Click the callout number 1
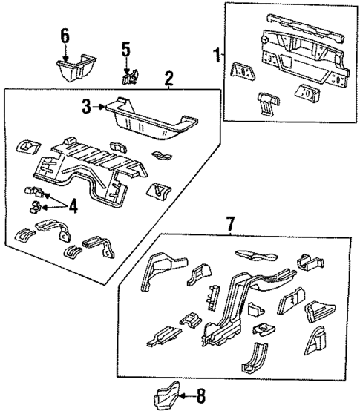tap(217, 54)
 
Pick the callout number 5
tap(126, 50)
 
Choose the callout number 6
tap(65, 36)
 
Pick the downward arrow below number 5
tap(126, 63)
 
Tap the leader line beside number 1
tap(223, 54)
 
